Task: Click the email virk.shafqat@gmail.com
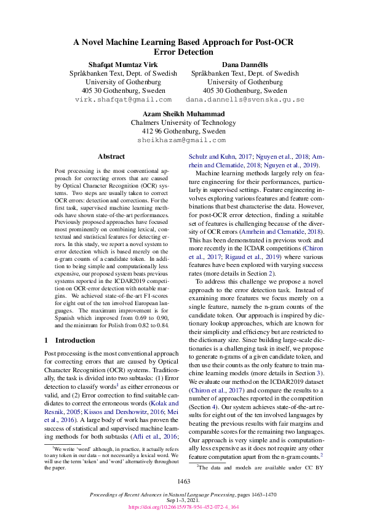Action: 123,99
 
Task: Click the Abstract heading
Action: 111,157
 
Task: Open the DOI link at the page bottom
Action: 183,508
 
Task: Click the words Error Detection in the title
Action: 183,53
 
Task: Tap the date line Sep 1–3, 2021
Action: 183,501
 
